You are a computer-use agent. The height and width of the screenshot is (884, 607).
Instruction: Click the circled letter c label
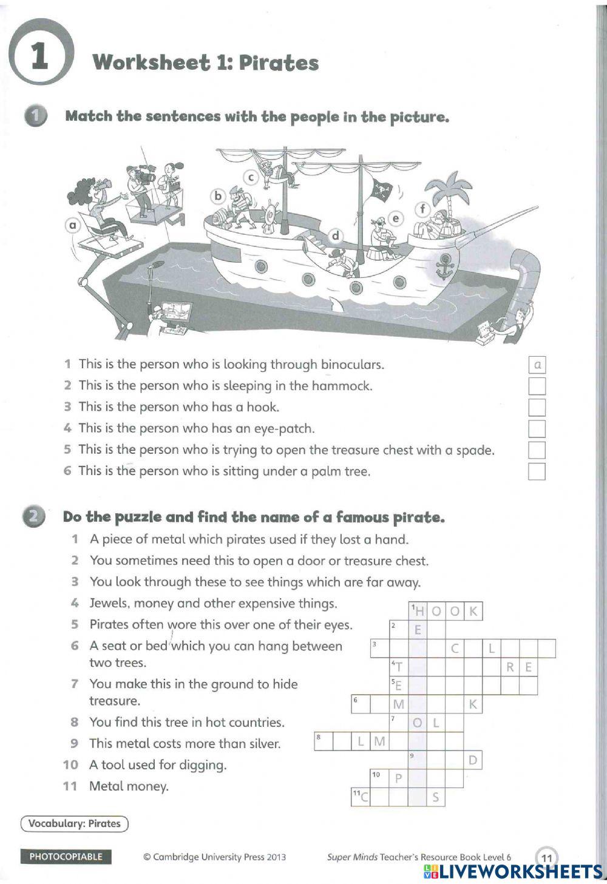tap(250, 177)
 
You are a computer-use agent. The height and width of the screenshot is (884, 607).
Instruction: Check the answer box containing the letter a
tap(537, 365)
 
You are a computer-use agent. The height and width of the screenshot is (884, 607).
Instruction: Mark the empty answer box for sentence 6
tap(537, 471)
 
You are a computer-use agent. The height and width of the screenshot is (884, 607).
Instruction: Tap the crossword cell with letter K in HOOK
tap(473, 611)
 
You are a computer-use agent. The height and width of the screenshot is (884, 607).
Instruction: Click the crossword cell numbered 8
tap(323, 741)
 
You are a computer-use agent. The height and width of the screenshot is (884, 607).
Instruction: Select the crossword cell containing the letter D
tap(473, 760)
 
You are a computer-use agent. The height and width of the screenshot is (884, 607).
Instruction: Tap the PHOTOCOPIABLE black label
tap(66, 857)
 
